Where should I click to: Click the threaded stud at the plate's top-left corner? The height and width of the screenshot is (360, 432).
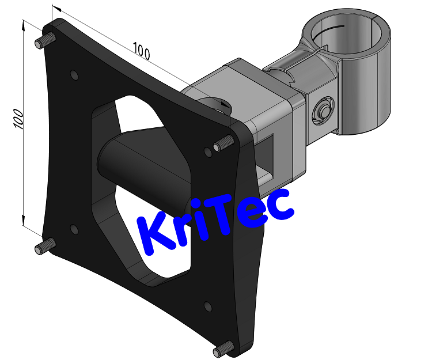[x=44, y=41]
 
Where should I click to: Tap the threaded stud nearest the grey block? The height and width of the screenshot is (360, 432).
[x=222, y=146]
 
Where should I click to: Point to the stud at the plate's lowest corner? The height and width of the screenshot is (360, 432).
[x=223, y=348]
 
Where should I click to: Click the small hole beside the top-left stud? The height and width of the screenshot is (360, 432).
[x=73, y=75]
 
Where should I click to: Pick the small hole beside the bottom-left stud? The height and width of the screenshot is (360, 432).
[x=74, y=229]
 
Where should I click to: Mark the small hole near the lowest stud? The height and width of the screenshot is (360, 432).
[x=207, y=305]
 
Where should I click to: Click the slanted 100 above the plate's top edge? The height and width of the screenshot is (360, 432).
[x=141, y=51]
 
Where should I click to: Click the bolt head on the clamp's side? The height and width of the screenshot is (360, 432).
[x=323, y=109]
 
